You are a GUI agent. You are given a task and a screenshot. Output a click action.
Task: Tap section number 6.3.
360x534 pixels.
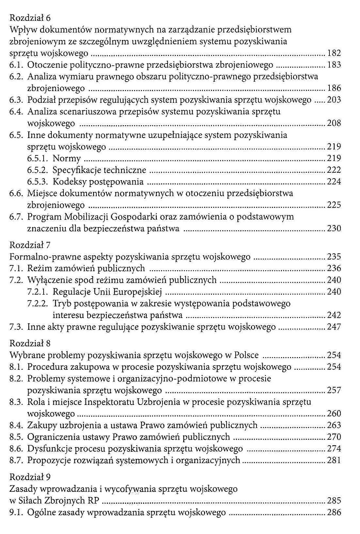click(x=16, y=100)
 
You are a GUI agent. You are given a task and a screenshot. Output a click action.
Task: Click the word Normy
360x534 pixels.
click(x=67, y=158)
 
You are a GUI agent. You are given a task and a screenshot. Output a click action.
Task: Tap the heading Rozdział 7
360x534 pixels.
click(x=30, y=245)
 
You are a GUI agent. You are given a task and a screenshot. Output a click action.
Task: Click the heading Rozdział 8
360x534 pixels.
click(x=30, y=343)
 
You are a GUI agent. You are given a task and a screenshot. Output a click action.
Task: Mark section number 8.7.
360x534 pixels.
click(x=16, y=461)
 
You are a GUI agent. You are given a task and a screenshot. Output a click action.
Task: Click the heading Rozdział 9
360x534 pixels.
click(x=30, y=477)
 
